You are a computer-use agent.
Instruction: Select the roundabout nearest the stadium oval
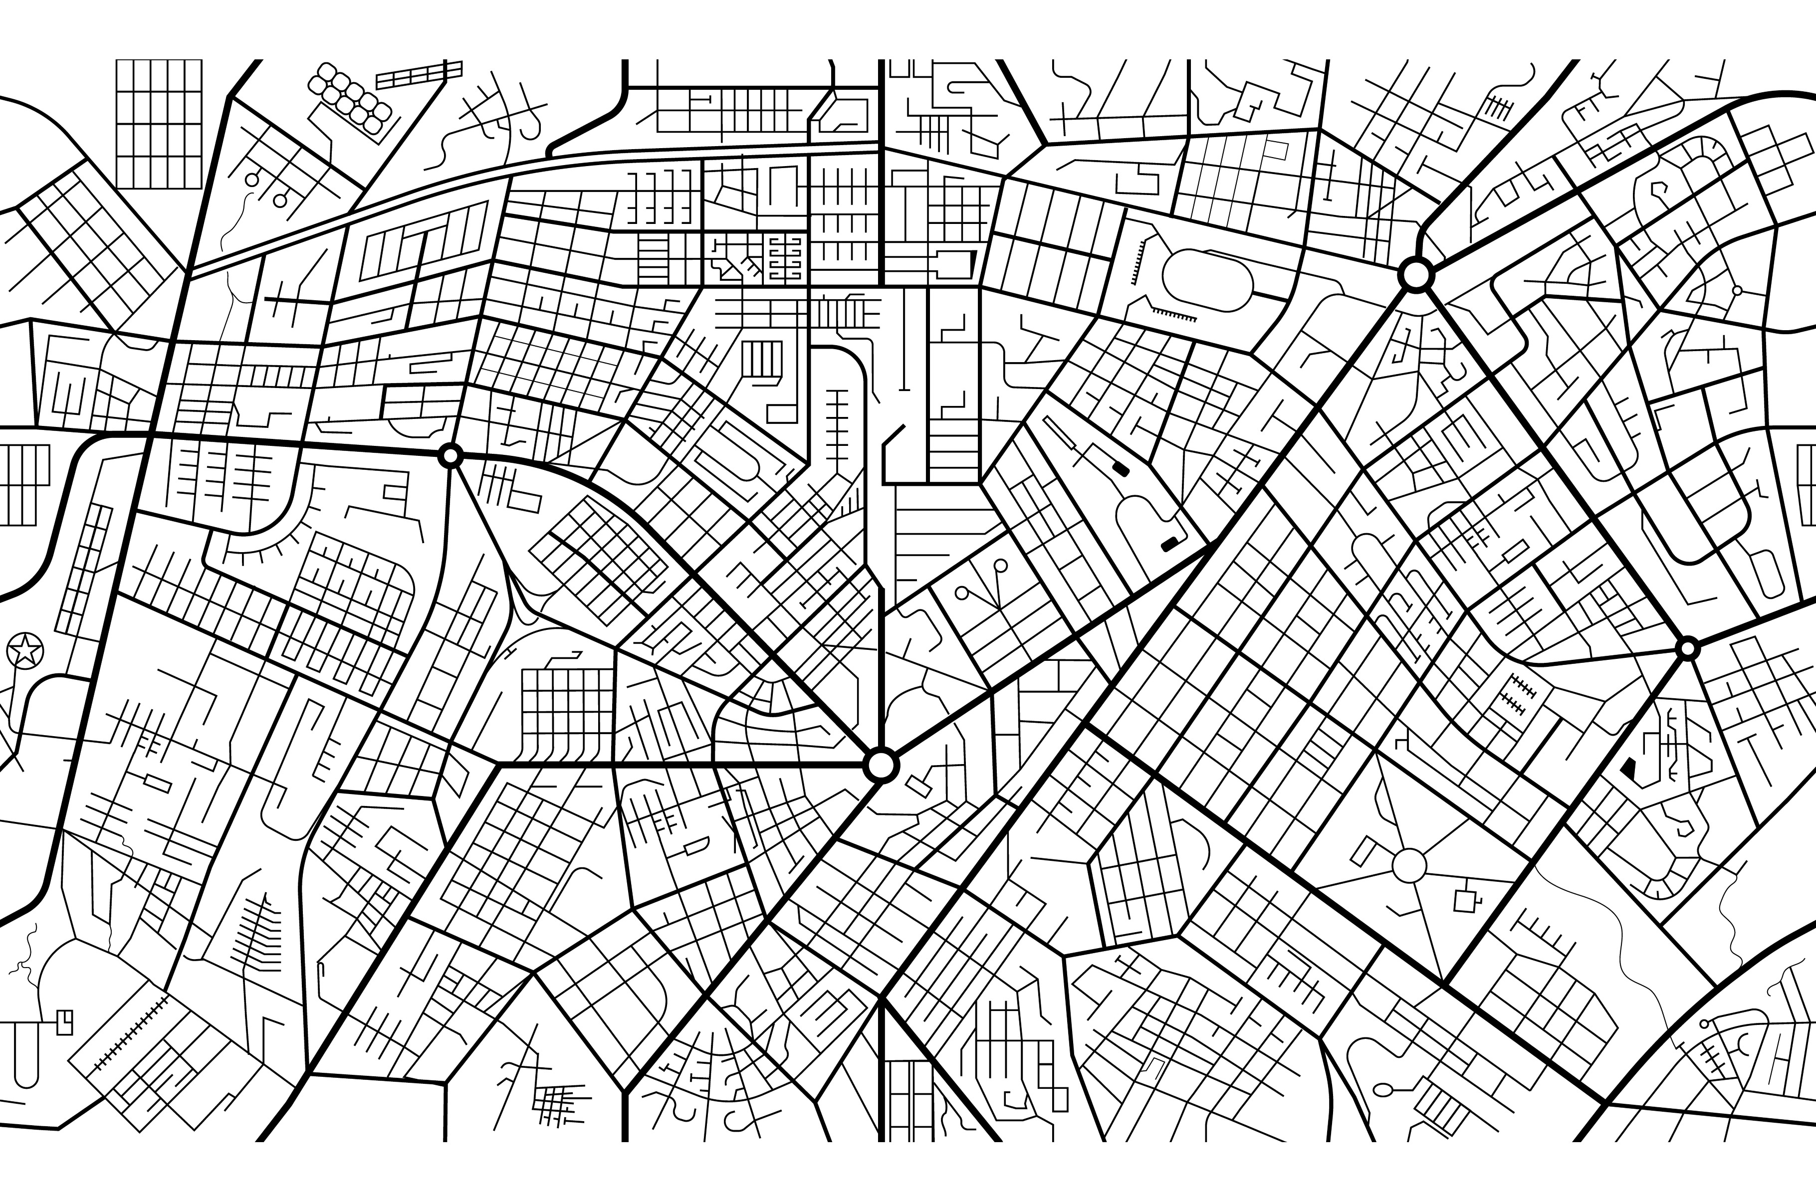[1415, 274]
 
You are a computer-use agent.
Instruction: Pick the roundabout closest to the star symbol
[451, 456]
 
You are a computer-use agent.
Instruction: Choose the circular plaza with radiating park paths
[1409, 865]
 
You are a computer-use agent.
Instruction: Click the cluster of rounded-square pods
[350, 98]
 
